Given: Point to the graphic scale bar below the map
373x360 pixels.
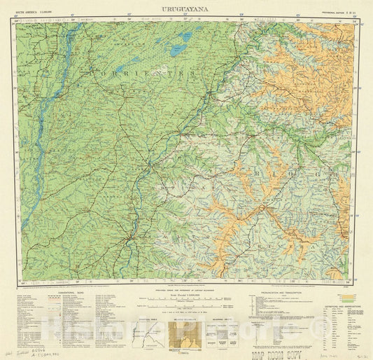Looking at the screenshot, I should pyautogui.click(x=186, y=305).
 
